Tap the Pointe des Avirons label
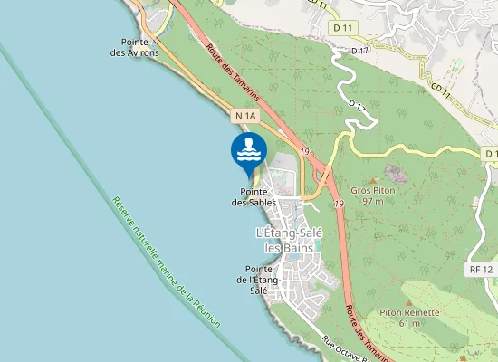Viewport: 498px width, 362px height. [134, 47]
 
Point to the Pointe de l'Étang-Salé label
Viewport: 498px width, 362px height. [260, 280]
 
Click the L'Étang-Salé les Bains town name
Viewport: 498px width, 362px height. [283, 241]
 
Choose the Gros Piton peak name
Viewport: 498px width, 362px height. [374, 191]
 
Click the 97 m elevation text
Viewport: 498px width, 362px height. [373, 201]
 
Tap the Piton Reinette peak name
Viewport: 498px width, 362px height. [409, 312]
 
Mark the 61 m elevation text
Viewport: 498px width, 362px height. [409, 323]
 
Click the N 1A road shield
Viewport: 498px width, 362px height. [244, 117]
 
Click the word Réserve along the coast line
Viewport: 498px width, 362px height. [122, 210]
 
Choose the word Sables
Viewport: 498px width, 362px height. [263, 202]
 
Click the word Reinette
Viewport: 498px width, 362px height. [420, 312]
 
